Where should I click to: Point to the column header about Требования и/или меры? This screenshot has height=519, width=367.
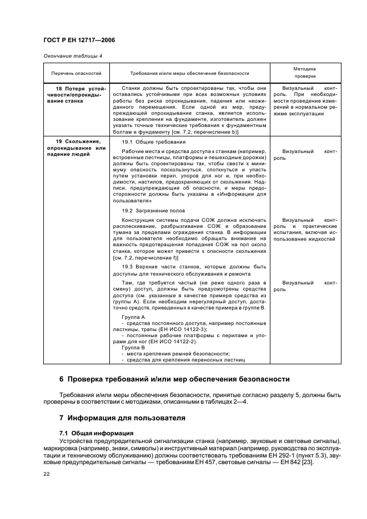(189, 73)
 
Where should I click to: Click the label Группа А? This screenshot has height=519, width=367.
(133, 316)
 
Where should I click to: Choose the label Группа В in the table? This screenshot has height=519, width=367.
(133, 347)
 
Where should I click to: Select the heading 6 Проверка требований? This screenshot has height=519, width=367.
(174, 380)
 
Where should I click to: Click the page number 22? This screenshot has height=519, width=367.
(47, 474)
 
